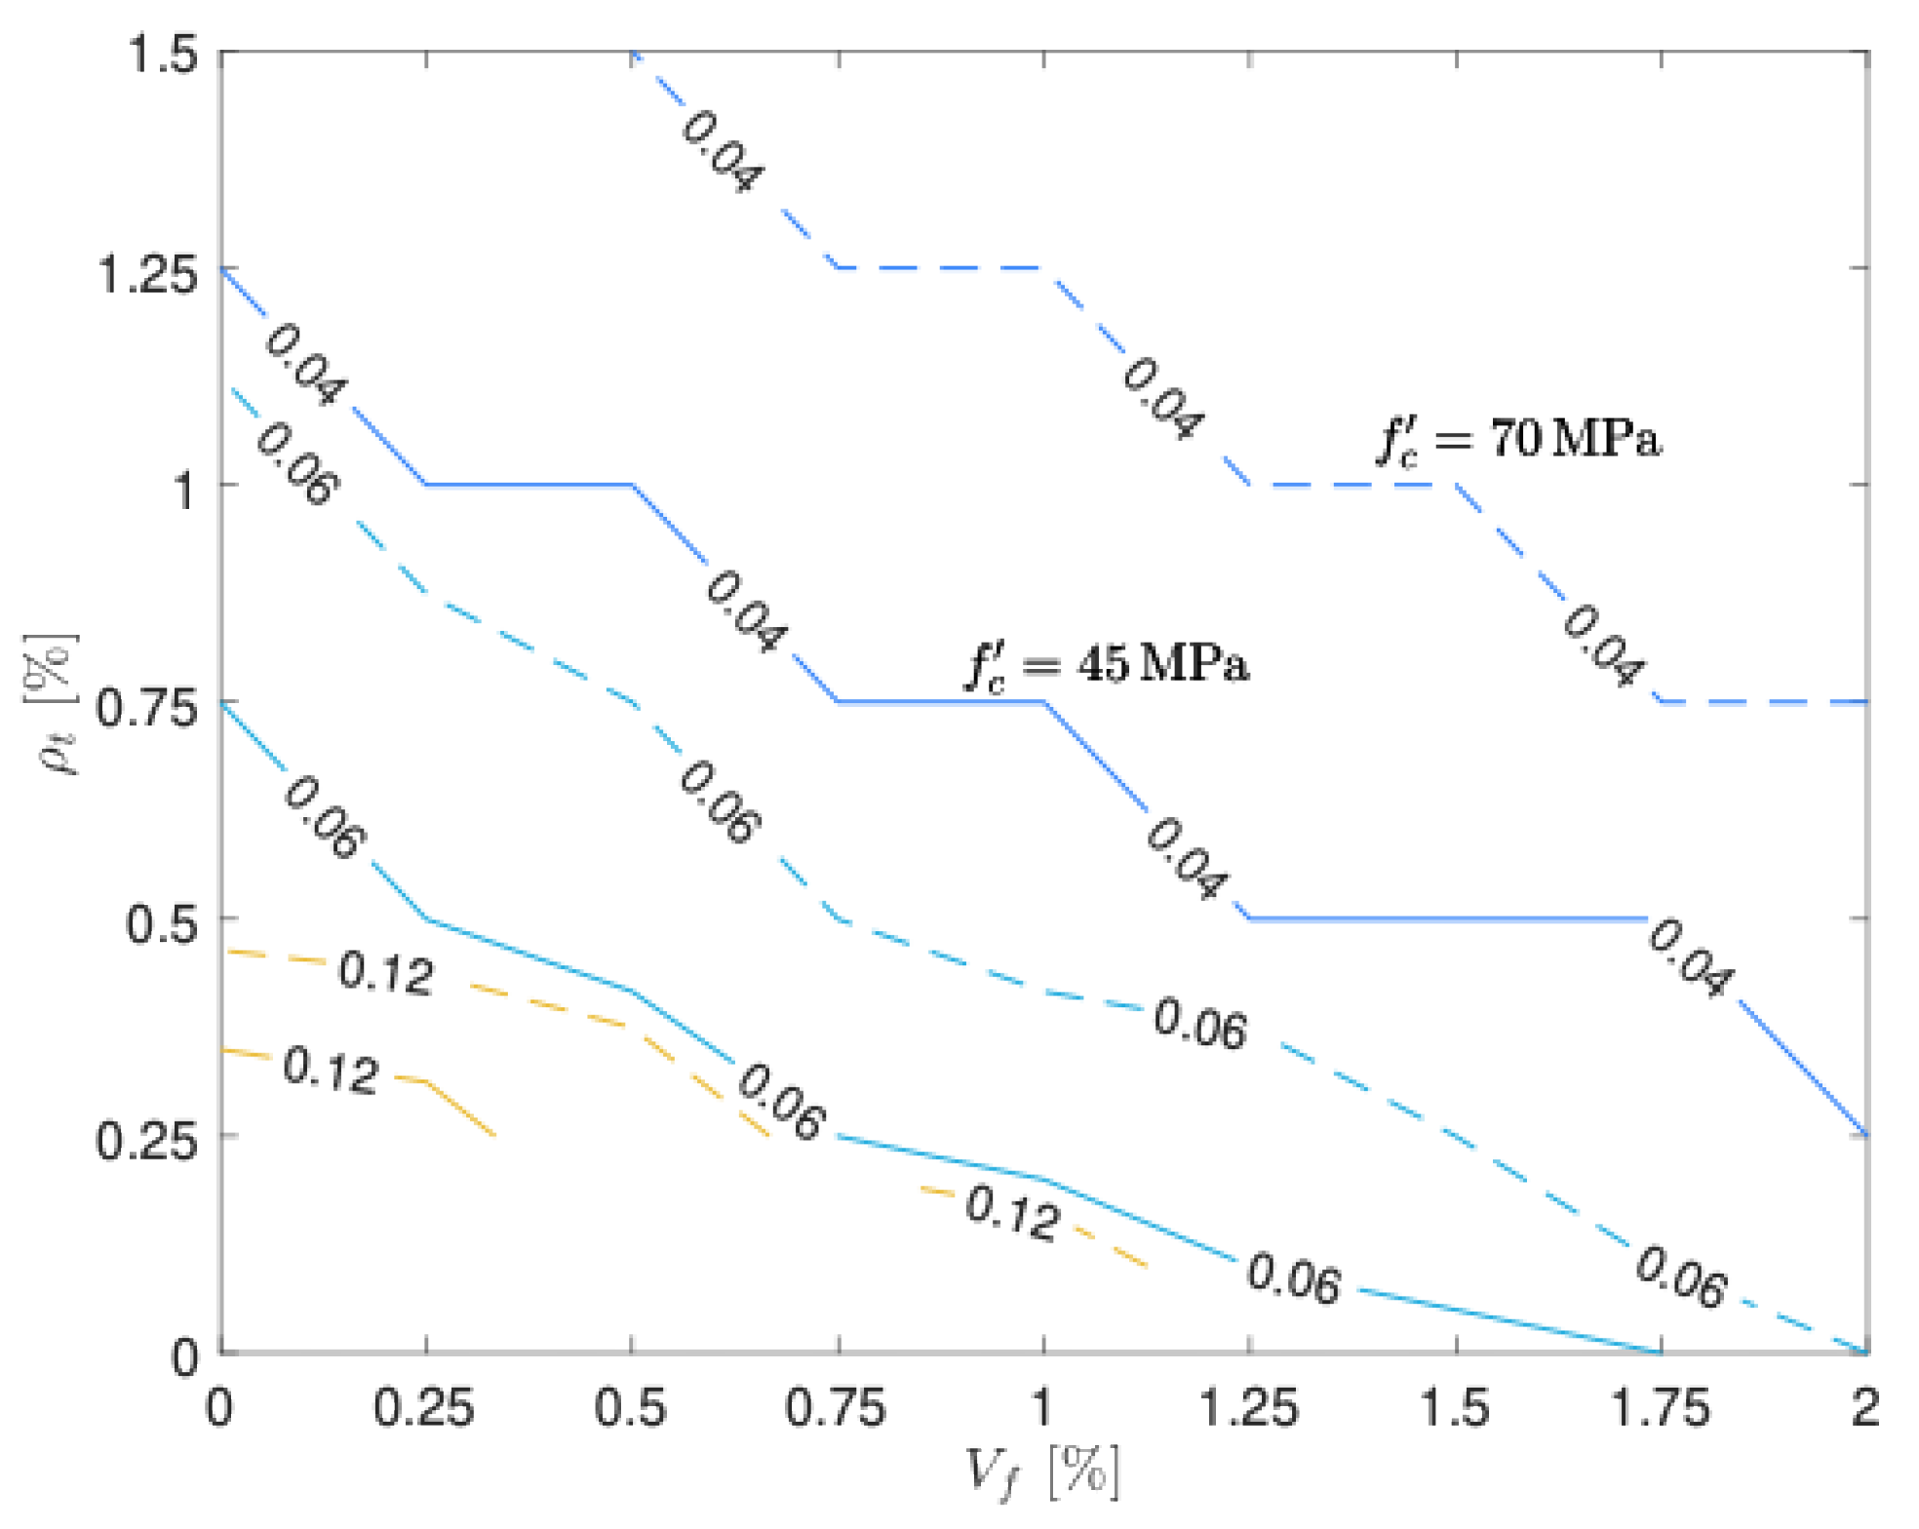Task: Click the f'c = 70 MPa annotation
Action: [x=1518, y=439]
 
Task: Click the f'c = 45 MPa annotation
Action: [x=1107, y=665]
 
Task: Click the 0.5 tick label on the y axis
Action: [x=162, y=923]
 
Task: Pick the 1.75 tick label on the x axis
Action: [x=1661, y=1408]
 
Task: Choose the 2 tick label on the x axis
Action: [x=1864, y=1408]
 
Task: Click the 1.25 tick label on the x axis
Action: [x=1249, y=1408]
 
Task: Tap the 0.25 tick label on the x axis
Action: [x=424, y=1408]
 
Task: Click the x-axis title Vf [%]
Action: [x=1040, y=1471]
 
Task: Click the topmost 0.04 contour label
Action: [x=722, y=151]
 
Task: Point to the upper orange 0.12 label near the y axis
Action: [x=385, y=973]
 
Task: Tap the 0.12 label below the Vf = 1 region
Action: [x=1011, y=1214]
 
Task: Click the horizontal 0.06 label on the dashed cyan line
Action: [x=1199, y=1024]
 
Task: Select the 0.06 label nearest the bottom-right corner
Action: [x=1680, y=1276]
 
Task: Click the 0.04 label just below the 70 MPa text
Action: [x=1602, y=646]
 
